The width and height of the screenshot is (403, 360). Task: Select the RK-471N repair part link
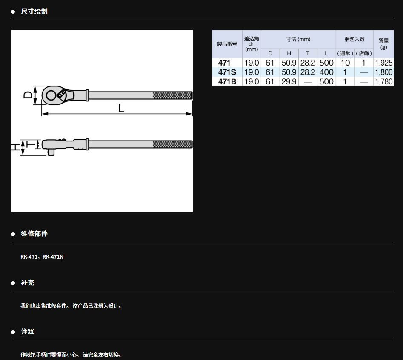53,257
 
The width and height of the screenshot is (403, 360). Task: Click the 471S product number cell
227,72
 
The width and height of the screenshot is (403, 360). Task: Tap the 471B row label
227,81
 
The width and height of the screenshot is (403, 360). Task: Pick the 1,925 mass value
384,63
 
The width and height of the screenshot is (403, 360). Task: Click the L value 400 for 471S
326,72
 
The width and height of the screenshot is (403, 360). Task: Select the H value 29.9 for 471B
289,81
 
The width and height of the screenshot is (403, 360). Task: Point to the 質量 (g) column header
384,44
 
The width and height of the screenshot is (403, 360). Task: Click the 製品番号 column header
227,44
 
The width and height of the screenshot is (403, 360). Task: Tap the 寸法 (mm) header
298,39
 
